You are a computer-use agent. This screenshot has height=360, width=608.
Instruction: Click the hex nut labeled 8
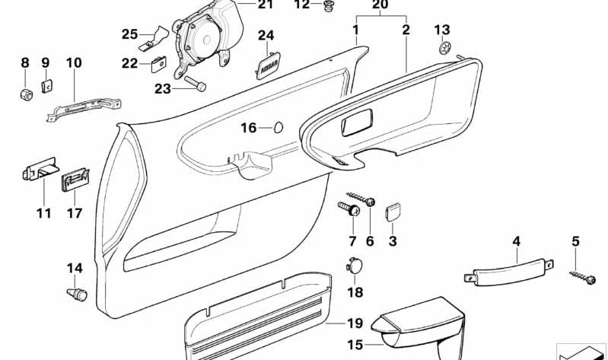tap(26, 94)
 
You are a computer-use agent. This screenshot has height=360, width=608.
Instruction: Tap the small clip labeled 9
tap(46, 86)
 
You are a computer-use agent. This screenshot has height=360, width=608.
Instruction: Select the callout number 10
tap(74, 62)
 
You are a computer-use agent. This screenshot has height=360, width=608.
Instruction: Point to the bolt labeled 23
tap(195, 84)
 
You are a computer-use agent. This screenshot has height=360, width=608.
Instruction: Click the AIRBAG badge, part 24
tap(269, 66)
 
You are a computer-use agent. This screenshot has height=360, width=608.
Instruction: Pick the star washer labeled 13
tap(443, 49)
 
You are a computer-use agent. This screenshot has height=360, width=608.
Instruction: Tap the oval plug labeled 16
tap(279, 127)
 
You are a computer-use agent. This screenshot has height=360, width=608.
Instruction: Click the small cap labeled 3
tap(393, 212)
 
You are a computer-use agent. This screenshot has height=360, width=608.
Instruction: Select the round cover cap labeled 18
tap(355, 266)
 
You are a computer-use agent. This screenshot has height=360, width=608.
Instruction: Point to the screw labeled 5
tap(583, 277)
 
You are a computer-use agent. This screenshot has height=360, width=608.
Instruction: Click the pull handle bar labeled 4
tap(509, 272)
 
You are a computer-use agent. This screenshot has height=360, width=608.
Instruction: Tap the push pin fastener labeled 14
tap(77, 294)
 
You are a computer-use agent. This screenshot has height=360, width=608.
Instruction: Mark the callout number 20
tap(380, 5)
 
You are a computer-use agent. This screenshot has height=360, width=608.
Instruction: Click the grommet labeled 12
tap(329, 7)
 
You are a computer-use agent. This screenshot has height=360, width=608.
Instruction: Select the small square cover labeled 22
tap(158, 64)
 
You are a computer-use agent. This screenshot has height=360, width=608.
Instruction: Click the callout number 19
tap(355, 323)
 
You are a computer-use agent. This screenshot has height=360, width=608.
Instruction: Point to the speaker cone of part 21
tap(205, 39)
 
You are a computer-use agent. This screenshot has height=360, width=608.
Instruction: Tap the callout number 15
tap(355, 344)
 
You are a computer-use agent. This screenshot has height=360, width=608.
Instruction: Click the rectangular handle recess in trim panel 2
tap(357, 123)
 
